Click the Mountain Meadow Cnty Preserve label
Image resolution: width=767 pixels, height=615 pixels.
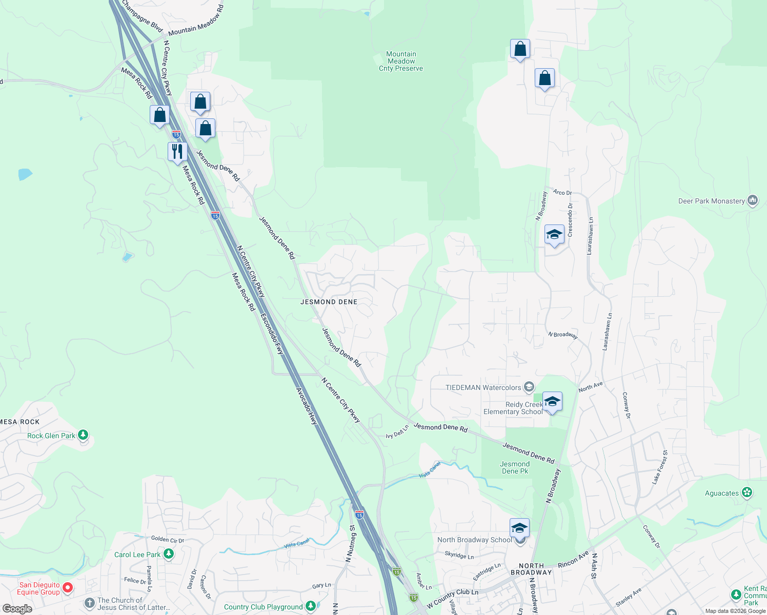click(x=401, y=61)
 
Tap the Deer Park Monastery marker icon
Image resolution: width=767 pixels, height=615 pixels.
click(x=753, y=200)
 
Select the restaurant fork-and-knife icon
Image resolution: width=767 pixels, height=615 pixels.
click(x=177, y=152)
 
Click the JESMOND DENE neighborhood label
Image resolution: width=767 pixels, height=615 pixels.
click(x=329, y=302)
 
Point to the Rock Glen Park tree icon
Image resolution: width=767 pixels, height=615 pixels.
click(x=83, y=435)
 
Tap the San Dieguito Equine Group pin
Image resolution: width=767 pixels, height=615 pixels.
click(x=68, y=587)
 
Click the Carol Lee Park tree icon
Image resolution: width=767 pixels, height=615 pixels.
click(x=168, y=554)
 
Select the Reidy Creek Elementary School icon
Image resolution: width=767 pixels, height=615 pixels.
click(x=552, y=402)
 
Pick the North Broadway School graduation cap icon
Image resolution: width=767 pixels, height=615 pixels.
click(x=519, y=528)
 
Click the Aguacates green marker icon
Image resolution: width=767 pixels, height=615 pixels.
click(x=747, y=493)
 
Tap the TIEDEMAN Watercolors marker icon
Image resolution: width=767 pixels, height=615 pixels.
click(x=529, y=387)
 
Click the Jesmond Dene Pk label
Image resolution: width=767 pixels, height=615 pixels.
click(x=515, y=467)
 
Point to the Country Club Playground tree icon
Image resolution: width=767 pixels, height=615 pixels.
click(x=310, y=606)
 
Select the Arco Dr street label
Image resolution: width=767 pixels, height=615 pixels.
click(x=562, y=192)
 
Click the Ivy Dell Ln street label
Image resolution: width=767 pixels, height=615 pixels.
click(x=397, y=432)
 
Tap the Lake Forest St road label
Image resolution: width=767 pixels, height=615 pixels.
click(x=660, y=467)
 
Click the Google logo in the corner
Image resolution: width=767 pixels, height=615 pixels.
click(x=17, y=609)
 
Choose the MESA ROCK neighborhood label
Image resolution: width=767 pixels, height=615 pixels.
click(x=19, y=422)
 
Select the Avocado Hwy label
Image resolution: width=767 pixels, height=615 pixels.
click(x=307, y=406)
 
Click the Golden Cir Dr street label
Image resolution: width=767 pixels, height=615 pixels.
click(x=167, y=539)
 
